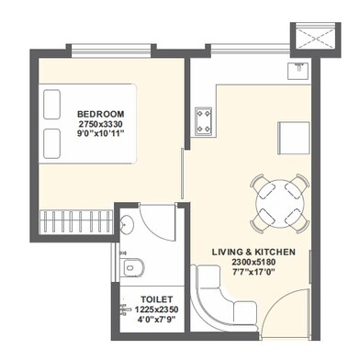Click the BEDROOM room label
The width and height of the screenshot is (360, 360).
(x=101, y=114)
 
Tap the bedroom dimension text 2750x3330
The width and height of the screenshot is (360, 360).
(x=101, y=124)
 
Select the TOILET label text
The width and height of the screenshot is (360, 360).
(x=157, y=299)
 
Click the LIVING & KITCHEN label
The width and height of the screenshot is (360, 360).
(x=253, y=252)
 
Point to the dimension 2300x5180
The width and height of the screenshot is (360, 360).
(x=253, y=262)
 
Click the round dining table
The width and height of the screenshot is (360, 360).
(x=280, y=204)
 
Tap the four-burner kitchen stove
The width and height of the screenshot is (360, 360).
(x=204, y=121)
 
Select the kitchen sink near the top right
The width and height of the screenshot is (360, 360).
(x=298, y=71)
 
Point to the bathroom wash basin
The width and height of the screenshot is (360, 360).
(x=126, y=226)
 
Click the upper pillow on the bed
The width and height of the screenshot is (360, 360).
(x=51, y=104)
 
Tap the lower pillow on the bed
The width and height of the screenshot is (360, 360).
(x=51, y=143)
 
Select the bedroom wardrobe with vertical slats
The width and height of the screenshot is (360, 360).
(x=76, y=222)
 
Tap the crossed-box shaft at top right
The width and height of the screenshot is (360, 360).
(x=315, y=38)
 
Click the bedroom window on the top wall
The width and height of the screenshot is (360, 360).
(x=111, y=51)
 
